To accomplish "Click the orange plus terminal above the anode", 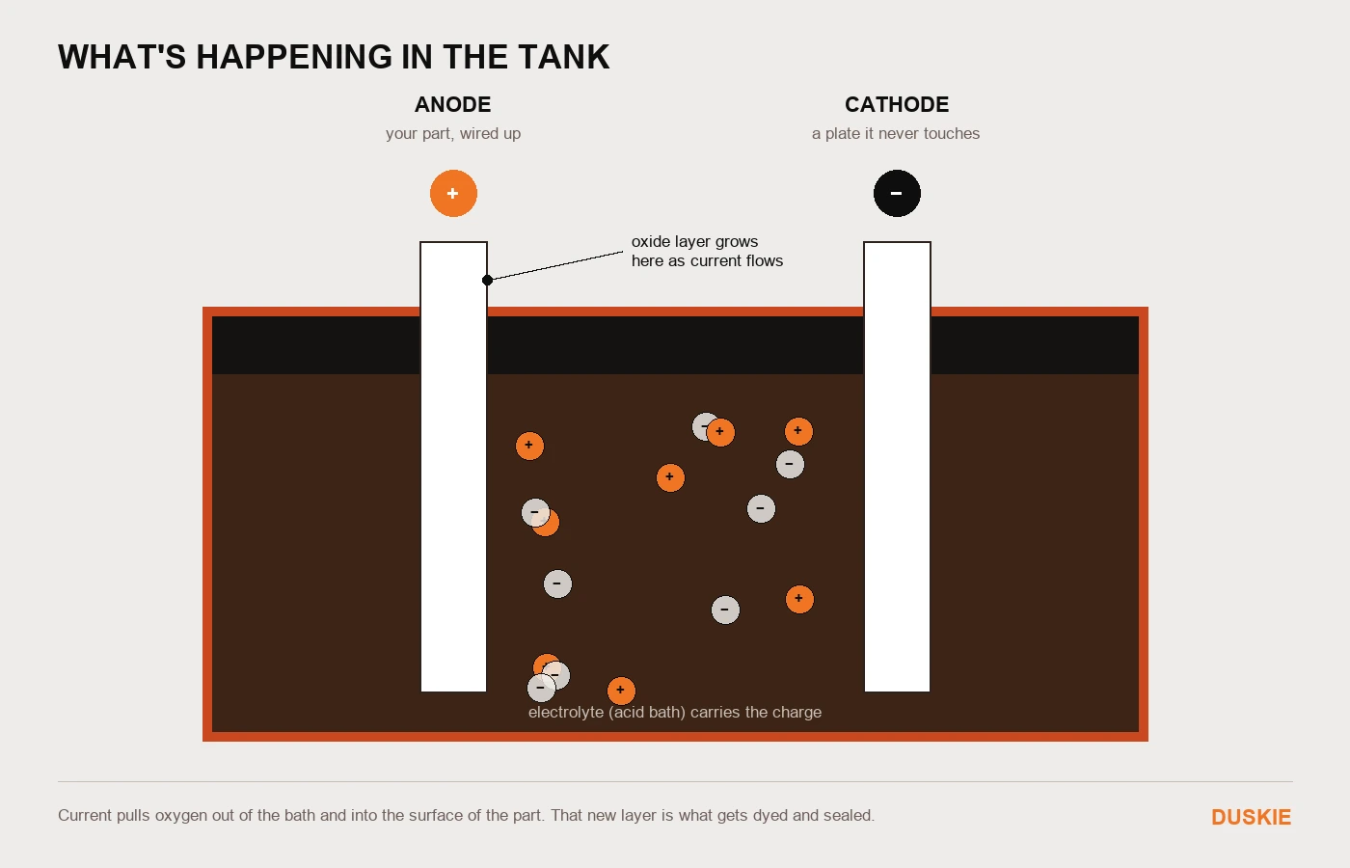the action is point(453,194).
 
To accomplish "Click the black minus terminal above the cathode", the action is point(897,194).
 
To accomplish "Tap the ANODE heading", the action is point(452,105).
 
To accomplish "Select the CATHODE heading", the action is point(897,105).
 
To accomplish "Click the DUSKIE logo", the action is point(1252,818).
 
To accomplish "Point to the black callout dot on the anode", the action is point(488,281).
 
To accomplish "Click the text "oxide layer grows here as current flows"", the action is point(707,252).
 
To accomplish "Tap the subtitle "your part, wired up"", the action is point(453,133).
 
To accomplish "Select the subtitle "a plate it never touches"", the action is point(896,133).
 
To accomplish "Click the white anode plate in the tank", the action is point(453,467).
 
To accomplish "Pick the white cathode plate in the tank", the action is point(897,467).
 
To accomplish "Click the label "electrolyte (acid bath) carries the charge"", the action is point(675,713).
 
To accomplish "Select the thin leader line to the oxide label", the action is point(555,266).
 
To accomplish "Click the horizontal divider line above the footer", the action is point(675,782).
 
